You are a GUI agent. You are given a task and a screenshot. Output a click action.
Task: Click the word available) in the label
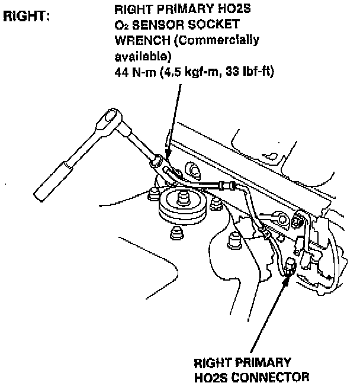[x=142, y=57]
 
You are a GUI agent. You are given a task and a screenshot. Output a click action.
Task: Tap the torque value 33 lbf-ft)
[x=249, y=72]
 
